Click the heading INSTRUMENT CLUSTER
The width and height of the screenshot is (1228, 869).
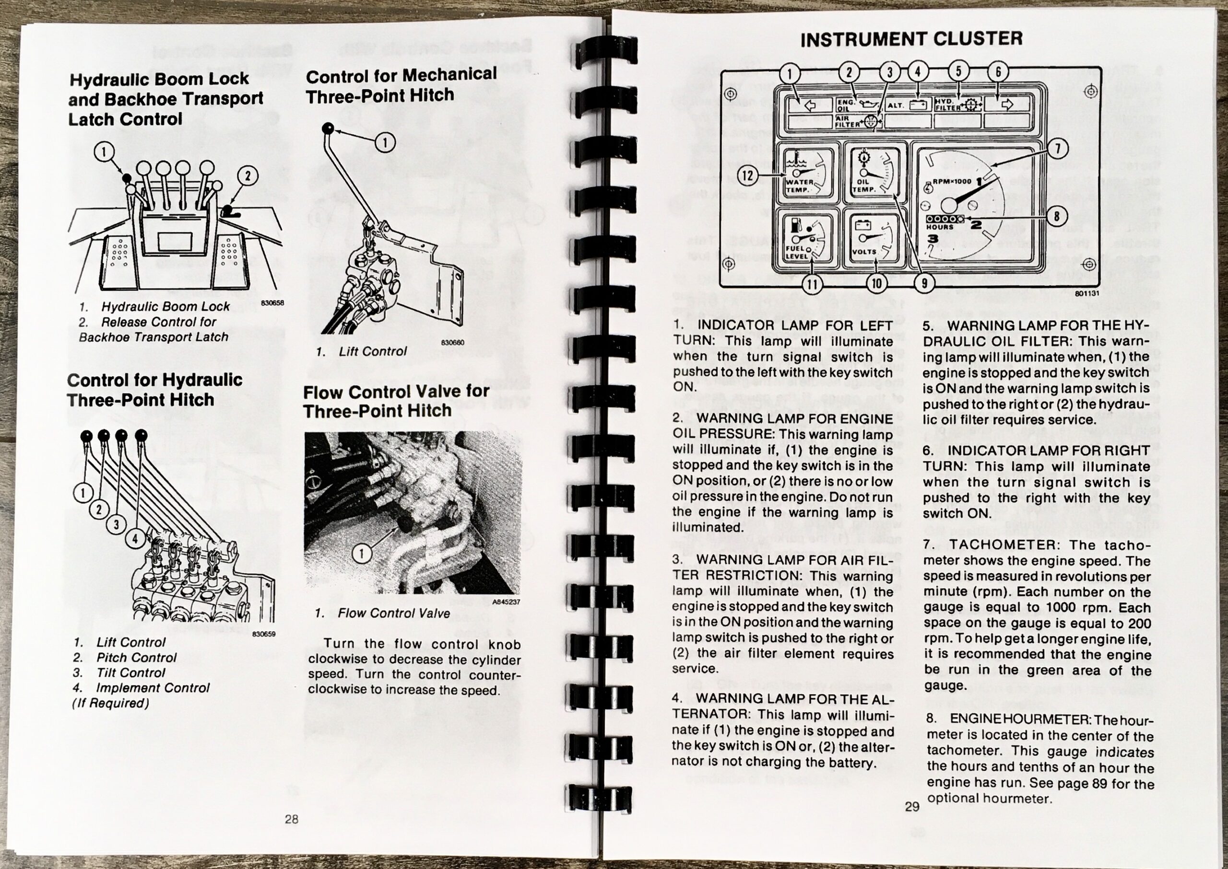tap(911, 38)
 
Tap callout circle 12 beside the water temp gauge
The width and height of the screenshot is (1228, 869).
tap(748, 175)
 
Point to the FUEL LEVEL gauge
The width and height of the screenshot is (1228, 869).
tap(804, 239)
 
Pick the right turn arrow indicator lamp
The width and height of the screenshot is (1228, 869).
tap(1006, 104)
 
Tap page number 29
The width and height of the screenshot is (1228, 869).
tap(911, 806)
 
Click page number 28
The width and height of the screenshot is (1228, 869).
tap(291, 819)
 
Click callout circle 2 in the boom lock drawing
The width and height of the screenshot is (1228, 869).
tap(248, 176)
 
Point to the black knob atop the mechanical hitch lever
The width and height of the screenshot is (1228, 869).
tap(328, 128)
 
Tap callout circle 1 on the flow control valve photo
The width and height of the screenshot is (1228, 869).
tap(362, 553)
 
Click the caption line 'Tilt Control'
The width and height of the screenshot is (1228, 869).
tap(130, 672)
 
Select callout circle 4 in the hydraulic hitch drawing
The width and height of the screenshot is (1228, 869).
tap(134, 539)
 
